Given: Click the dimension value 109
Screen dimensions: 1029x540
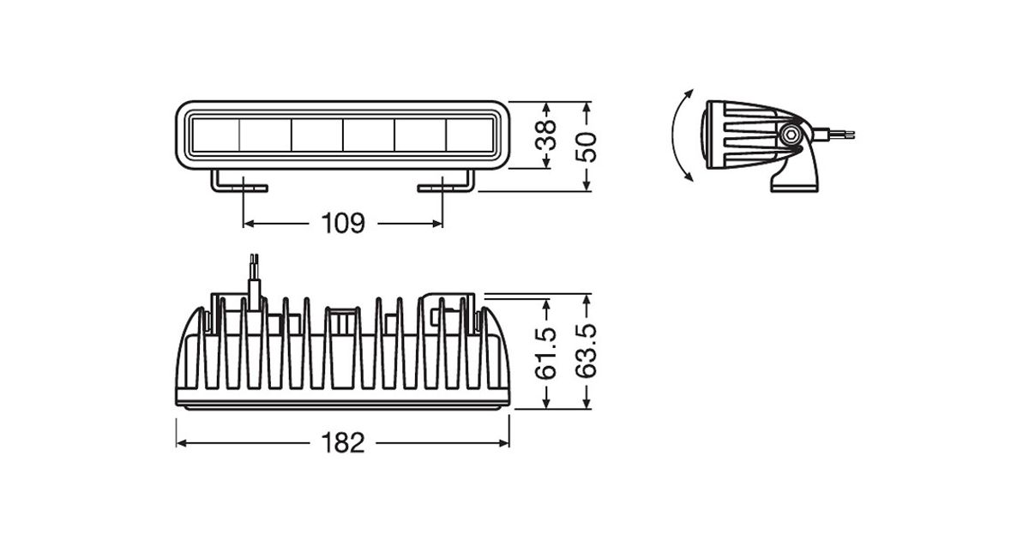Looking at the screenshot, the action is (343, 224).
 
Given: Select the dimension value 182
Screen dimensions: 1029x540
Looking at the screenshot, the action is (343, 443).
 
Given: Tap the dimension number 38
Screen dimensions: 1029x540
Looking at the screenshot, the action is (545, 135).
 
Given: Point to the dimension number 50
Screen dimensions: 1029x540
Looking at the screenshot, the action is (586, 147).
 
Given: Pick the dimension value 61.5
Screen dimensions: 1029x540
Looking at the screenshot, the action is (545, 353).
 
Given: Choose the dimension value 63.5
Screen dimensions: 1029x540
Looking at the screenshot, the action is (586, 351).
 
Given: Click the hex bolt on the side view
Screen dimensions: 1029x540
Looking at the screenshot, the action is (790, 135).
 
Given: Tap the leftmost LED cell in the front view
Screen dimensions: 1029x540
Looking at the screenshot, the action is (215, 135).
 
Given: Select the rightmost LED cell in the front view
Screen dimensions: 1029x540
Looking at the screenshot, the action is (470, 135).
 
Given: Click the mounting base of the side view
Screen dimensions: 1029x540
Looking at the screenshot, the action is (795, 179).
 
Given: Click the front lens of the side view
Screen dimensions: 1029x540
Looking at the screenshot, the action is (706, 135).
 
